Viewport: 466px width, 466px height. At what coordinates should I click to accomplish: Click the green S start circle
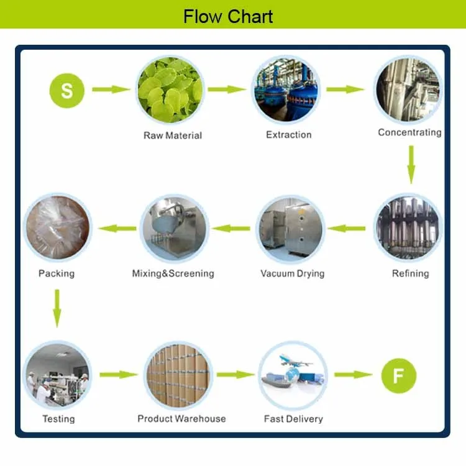click(x=66, y=90)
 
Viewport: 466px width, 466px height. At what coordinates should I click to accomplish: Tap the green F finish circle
click(x=398, y=375)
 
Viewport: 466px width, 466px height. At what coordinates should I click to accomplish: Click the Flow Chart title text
click(x=228, y=16)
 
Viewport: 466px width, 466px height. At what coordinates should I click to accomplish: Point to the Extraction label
click(x=288, y=135)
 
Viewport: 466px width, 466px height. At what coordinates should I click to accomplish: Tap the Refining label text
click(x=410, y=273)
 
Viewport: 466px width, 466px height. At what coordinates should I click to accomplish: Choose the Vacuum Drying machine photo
click(x=291, y=229)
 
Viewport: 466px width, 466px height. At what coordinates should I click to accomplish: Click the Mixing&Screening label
click(x=173, y=273)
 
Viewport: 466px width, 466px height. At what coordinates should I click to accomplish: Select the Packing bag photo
click(x=56, y=228)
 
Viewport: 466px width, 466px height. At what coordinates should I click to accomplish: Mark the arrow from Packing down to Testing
click(x=57, y=307)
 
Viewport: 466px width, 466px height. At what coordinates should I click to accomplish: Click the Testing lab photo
click(x=56, y=374)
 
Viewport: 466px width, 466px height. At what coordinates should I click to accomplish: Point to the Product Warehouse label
click(x=181, y=419)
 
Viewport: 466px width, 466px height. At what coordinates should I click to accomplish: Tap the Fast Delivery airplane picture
click(x=292, y=374)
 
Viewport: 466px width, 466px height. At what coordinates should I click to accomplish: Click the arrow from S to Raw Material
click(x=112, y=89)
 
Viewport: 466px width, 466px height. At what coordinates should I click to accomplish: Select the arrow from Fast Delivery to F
click(x=353, y=375)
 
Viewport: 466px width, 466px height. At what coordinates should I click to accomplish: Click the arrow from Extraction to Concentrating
click(x=345, y=89)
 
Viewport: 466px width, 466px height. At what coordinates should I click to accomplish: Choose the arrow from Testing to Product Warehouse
click(x=118, y=375)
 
